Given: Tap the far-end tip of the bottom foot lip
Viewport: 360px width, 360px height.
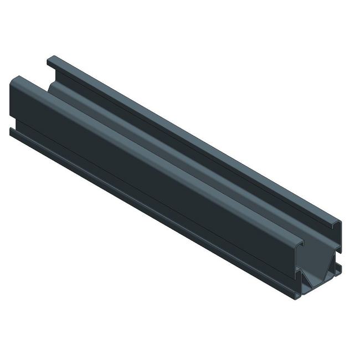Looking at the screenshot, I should click(x=12, y=131).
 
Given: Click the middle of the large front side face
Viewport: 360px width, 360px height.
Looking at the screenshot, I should click(x=150, y=177).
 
